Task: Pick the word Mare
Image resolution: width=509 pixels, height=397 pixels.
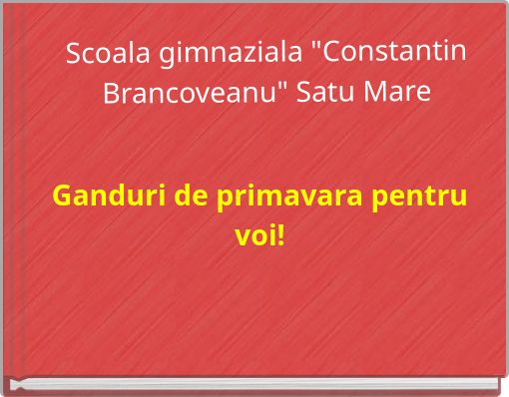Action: coord(404,95)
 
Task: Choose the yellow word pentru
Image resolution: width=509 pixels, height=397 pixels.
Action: coord(419,195)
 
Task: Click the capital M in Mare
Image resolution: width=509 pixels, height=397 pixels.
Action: coord(382,95)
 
